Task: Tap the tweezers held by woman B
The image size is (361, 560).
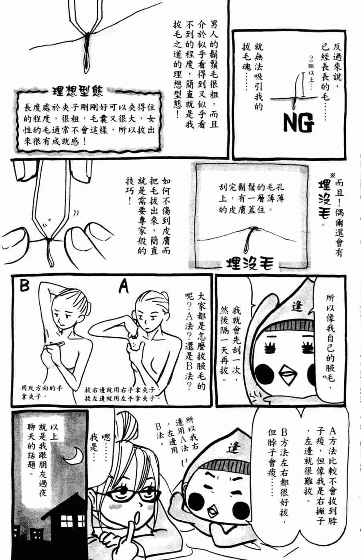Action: click(56, 343)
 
